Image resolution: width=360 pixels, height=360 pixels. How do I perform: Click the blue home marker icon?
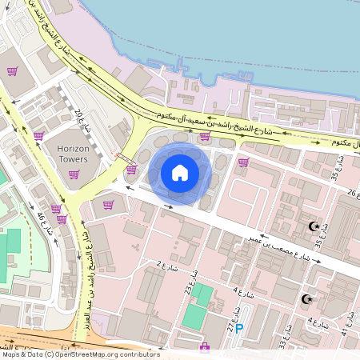click(x=180, y=172)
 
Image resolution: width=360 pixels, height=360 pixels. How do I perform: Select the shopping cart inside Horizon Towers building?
click(x=74, y=174)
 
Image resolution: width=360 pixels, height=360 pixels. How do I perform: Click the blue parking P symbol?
click(x=238, y=328)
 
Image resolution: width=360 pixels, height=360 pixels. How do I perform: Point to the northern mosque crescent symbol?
click(x=314, y=227)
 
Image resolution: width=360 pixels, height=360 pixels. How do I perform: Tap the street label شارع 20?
click(x=84, y=122)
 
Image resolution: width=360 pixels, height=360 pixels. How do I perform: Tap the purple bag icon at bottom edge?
click(x=204, y=347)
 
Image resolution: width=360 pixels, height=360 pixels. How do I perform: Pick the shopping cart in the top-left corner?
click(x=12, y=70)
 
